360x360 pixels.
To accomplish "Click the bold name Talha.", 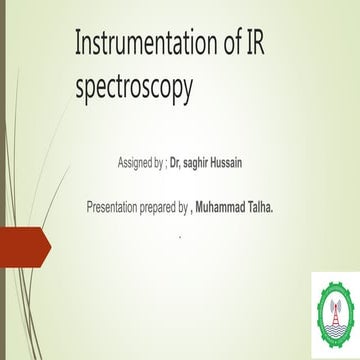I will point(291,208).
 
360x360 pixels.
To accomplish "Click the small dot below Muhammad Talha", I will point(180,236).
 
